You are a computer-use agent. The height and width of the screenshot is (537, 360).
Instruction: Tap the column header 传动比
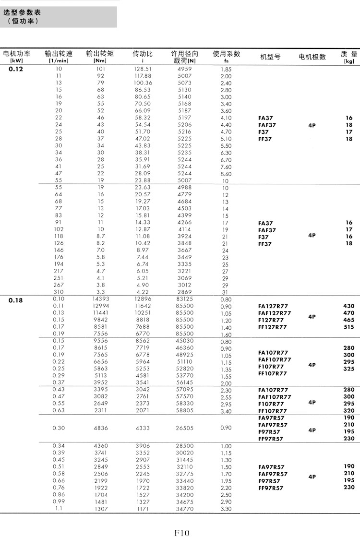pyautogui.click(x=143, y=54)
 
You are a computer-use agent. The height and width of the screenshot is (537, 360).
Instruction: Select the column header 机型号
pyautogui.click(x=270, y=57)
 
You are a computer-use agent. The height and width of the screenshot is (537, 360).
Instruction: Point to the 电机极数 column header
pyautogui.click(x=312, y=57)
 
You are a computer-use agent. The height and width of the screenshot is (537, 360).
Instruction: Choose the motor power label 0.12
pyautogui.click(x=16, y=69)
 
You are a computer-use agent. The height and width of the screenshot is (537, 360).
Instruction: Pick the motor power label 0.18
pyautogui.click(x=16, y=301)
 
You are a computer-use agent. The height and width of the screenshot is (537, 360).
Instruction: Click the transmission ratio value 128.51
pyautogui.click(x=143, y=69)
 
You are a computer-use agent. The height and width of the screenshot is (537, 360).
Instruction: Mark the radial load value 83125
pyautogui.click(x=185, y=299)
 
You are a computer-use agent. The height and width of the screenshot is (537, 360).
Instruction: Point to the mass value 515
pyautogui.click(x=349, y=327)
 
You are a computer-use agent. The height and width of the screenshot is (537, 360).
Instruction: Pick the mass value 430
pyautogui.click(x=349, y=306)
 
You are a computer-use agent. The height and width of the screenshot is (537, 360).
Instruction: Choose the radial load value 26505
pyautogui.click(x=185, y=428)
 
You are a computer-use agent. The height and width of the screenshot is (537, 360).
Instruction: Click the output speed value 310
pyautogui.click(x=59, y=291)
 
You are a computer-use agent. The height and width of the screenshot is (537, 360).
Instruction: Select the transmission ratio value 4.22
pyautogui.click(x=143, y=291)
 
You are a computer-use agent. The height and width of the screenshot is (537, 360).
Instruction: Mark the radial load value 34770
pyautogui.click(x=185, y=508)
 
